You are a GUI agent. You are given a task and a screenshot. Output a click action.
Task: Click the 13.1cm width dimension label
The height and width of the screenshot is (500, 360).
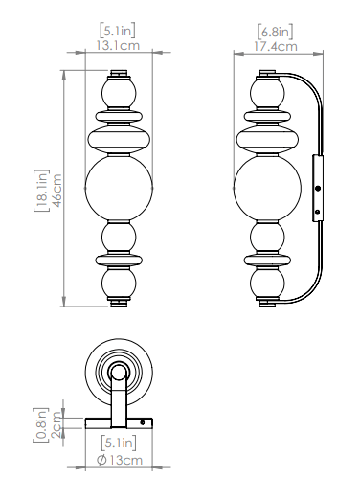coord(118,45)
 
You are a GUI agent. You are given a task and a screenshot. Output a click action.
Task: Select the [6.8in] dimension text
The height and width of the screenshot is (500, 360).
coord(275,32)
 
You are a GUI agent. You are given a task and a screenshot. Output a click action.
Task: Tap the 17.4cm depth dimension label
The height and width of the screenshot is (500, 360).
coord(276,46)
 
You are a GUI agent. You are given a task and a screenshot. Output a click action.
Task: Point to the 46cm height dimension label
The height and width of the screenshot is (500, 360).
coord(56,191)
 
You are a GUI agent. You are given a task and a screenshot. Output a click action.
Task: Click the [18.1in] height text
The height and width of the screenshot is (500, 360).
coord(41,191)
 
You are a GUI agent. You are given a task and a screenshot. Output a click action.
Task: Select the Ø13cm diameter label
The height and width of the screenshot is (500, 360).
coord(120,460)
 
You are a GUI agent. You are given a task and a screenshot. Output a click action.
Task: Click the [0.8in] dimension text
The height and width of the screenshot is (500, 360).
coord(41,424)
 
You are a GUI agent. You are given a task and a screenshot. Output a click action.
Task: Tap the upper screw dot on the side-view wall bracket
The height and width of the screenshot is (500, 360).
coord(318,189)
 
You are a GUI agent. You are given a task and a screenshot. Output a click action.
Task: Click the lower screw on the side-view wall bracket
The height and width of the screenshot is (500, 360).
coord(317,212)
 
